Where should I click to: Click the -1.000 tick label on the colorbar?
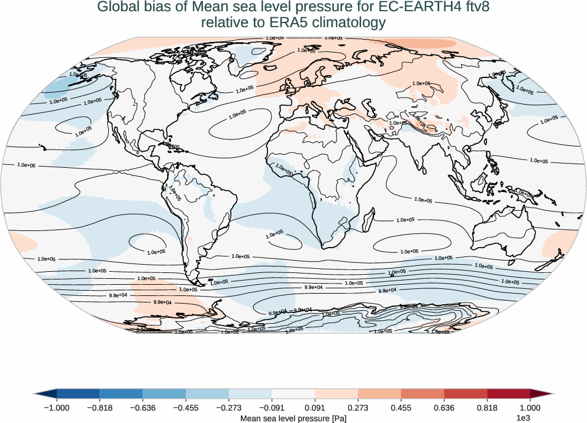point(57,408)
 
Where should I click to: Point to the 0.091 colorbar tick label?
point(315,408)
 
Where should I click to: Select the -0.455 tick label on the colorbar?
point(186,408)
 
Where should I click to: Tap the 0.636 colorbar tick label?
point(444,408)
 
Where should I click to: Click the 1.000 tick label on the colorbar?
point(530,408)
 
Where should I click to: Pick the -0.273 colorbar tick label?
point(229,408)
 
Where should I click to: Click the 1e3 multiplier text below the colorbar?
point(523,418)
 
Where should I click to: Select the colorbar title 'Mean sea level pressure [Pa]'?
point(293,418)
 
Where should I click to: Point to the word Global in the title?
point(117,8)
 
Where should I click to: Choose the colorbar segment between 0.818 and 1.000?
point(508,393)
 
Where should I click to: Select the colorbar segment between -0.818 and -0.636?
point(121,393)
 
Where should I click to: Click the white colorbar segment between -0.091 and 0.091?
point(293,393)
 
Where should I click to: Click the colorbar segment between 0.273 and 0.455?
point(379,393)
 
